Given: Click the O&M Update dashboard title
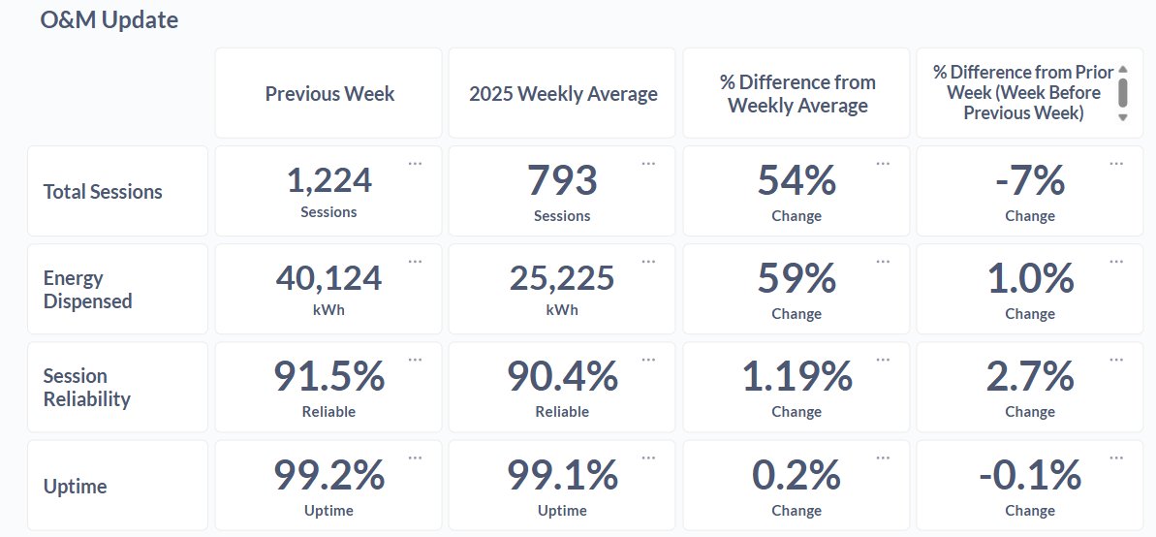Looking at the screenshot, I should [109, 19].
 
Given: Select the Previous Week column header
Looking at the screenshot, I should [329, 94].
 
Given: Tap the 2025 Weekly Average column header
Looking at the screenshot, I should [563, 94].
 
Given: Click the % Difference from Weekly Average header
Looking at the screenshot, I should [797, 94].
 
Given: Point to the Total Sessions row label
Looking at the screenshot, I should [103, 192].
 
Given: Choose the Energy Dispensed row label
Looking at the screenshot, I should [87, 290].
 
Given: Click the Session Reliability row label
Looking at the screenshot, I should [86, 388].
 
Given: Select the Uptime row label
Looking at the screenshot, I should [76, 487].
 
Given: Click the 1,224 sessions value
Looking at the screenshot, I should [328, 180].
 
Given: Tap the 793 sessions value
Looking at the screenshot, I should [562, 180].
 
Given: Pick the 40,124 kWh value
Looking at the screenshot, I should [328, 279].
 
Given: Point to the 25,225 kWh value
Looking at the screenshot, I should [562, 279].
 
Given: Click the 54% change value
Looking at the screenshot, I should [797, 180].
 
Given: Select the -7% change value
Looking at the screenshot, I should [1029, 180].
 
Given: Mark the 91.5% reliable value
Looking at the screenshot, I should [328, 377].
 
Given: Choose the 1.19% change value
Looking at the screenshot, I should [797, 377].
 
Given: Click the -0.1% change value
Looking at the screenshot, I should [1029, 475].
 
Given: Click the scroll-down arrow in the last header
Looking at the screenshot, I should [1123, 117].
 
